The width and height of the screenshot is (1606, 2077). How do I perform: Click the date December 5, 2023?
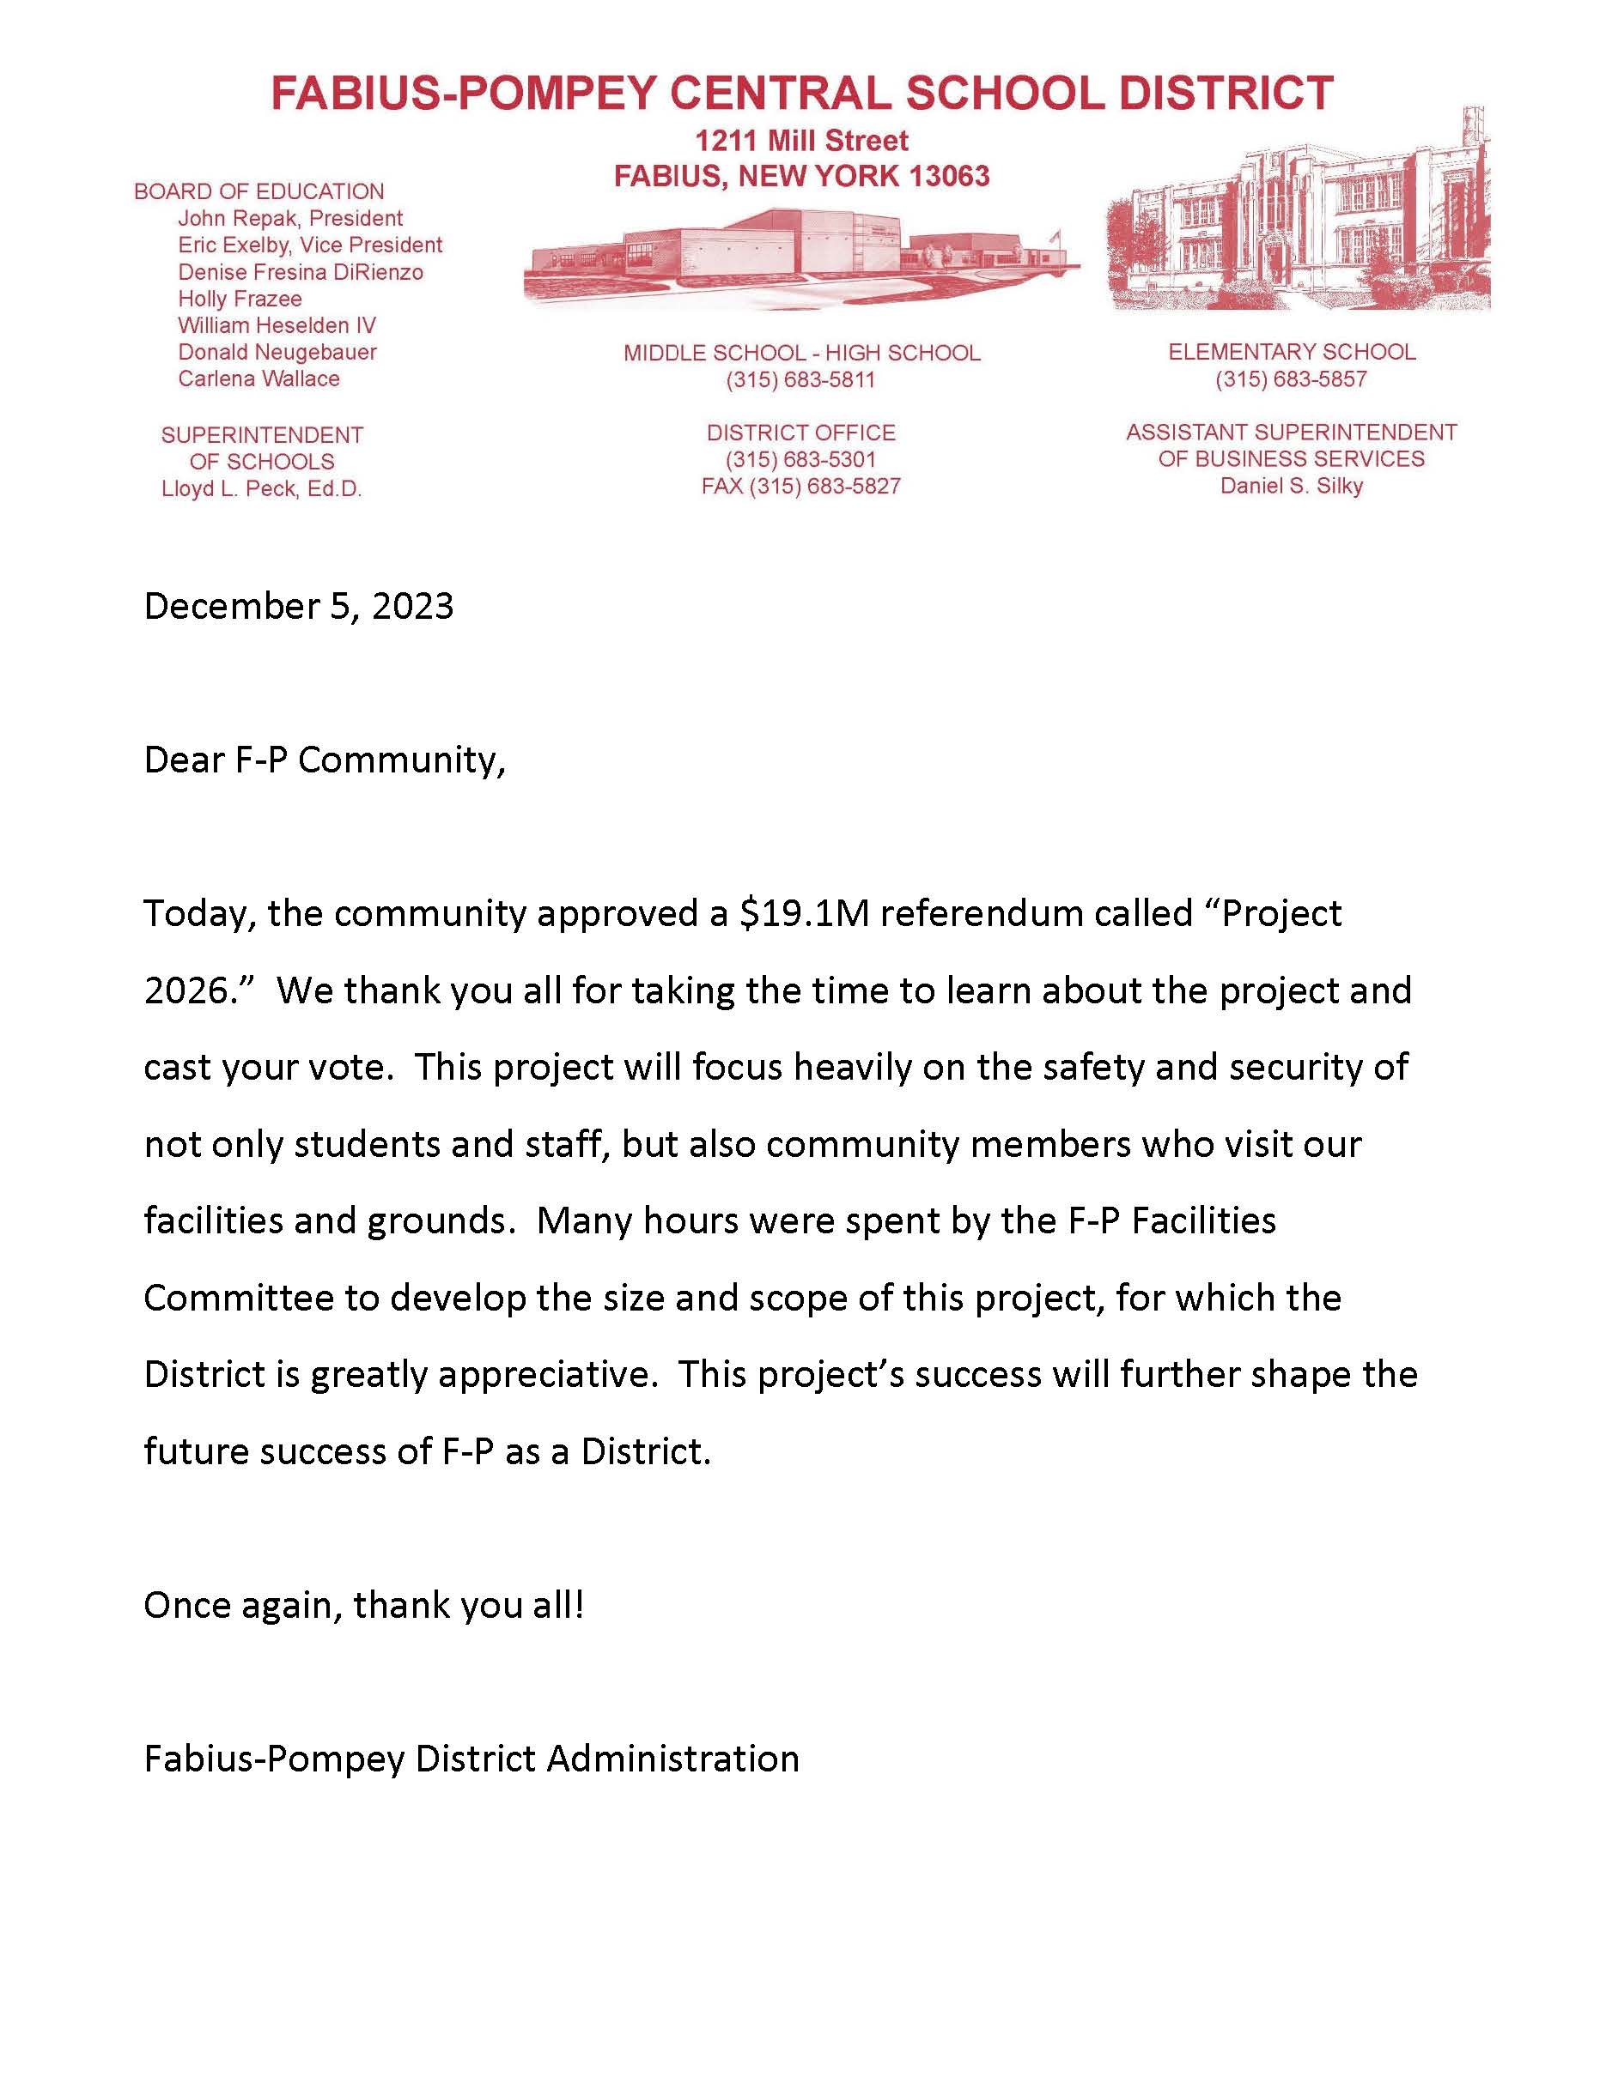[298, 607]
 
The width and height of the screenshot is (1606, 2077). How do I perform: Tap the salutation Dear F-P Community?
[324, 760]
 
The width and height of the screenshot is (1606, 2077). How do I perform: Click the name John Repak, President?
[290, 218]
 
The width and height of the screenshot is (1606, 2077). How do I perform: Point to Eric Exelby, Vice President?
[310, 245]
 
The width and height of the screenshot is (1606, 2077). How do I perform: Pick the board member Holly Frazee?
[240, 299]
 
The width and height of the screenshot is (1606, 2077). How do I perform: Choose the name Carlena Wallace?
[259, 378]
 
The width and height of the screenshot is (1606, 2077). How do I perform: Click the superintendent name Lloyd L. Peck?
[262, 490]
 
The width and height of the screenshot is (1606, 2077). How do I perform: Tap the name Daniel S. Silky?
[1291, 486]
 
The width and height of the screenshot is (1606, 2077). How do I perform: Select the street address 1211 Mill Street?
[801, 141]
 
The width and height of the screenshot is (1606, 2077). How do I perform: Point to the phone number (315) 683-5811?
[800, 380]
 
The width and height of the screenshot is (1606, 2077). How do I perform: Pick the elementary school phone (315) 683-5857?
[1290, 379]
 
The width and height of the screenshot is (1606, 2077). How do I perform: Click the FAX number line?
[800, 487]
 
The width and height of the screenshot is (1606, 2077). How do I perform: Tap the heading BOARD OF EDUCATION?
[259, 191]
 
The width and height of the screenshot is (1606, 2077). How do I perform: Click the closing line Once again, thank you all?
[363, 1605]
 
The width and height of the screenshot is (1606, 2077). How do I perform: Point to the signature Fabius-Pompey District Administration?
[471, 1759]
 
